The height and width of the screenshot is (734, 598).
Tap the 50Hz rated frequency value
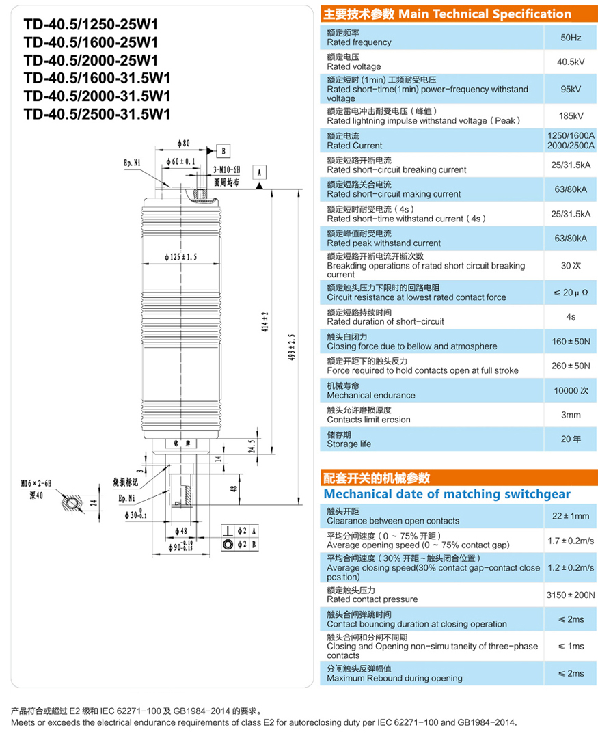(571, 38)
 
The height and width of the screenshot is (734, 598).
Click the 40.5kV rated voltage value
(571, 62)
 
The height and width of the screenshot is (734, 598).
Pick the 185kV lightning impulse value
(571, 115)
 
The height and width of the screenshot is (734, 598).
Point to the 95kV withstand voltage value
(571, 89)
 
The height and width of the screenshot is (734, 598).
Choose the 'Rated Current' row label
(354, 145)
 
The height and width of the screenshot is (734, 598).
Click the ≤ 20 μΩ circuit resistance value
(571, 293)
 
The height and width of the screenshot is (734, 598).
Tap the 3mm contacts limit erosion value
(571, 415)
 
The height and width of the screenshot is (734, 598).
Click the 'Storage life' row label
(349, 444)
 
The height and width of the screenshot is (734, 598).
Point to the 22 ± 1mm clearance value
(571, 516)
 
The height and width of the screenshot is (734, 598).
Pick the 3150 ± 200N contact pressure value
(571, 595)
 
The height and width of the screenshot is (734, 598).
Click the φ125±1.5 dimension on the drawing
(181, 257)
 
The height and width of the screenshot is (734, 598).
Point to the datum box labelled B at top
(225, 150)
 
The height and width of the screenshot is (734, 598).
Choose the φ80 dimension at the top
(182, 144)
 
